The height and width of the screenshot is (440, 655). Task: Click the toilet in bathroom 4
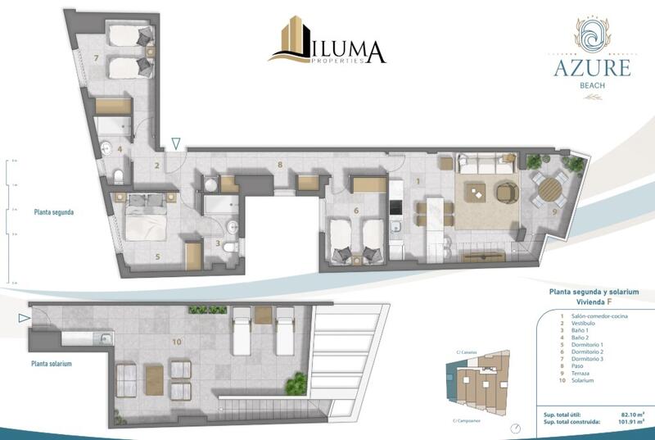pos(120,176)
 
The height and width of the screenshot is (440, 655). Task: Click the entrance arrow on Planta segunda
pos(176,145)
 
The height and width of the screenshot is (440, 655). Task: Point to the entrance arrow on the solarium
pos(25,317)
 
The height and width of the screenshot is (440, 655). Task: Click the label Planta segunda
pos(54,211)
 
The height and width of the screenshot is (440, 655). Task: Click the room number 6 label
pos(355,211)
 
